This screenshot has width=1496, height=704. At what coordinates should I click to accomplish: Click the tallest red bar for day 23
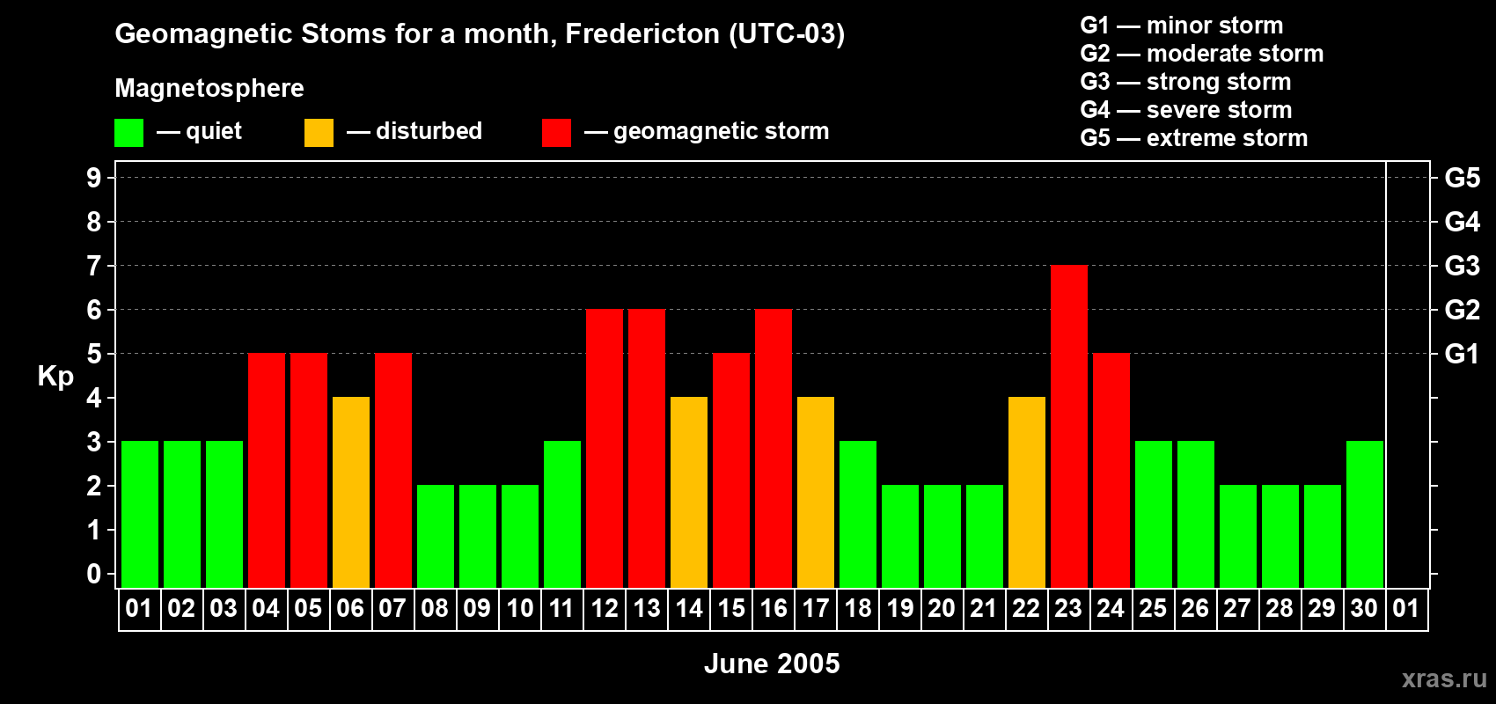click(x=1068, y=426)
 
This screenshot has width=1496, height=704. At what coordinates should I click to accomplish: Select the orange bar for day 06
click(x=350, y=492)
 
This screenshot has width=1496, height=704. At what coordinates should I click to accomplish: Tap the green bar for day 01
click(x=140, y=514)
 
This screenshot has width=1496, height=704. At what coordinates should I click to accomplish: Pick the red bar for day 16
click(x=774, y=448)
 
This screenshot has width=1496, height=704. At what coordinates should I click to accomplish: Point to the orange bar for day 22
click(x=1026, y=492)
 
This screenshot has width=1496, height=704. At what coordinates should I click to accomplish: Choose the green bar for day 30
click(x=1364, y=514)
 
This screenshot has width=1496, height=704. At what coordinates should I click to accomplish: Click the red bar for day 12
click(x=605, y=448)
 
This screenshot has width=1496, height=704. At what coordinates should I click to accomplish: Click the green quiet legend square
click(x=128, y=133)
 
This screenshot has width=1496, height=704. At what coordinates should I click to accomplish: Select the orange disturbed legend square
click(x=319, y=133)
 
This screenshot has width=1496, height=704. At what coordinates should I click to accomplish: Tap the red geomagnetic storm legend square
click(x=556, y=133)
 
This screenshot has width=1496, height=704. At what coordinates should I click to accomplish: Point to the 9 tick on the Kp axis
click(x=93, y=178)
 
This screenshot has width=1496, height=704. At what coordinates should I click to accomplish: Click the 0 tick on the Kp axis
click(x=93, y=574)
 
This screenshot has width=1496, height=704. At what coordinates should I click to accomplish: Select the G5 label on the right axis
click(x=1463, y=178)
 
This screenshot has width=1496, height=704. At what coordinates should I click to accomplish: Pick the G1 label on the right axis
click(x=1463, y=354)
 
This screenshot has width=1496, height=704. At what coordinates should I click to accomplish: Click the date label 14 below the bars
click(x=689, y=608)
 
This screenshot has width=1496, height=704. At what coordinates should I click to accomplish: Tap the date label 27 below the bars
click(x=1237, y=608)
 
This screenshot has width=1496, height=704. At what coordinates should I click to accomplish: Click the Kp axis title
click(x=55, y=377)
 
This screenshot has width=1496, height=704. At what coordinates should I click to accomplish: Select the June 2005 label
click(x=772, y=664)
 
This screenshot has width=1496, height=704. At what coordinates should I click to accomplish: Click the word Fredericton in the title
click(x=642, y=34)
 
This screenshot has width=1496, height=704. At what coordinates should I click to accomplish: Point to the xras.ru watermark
click(x=1444, y=678)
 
